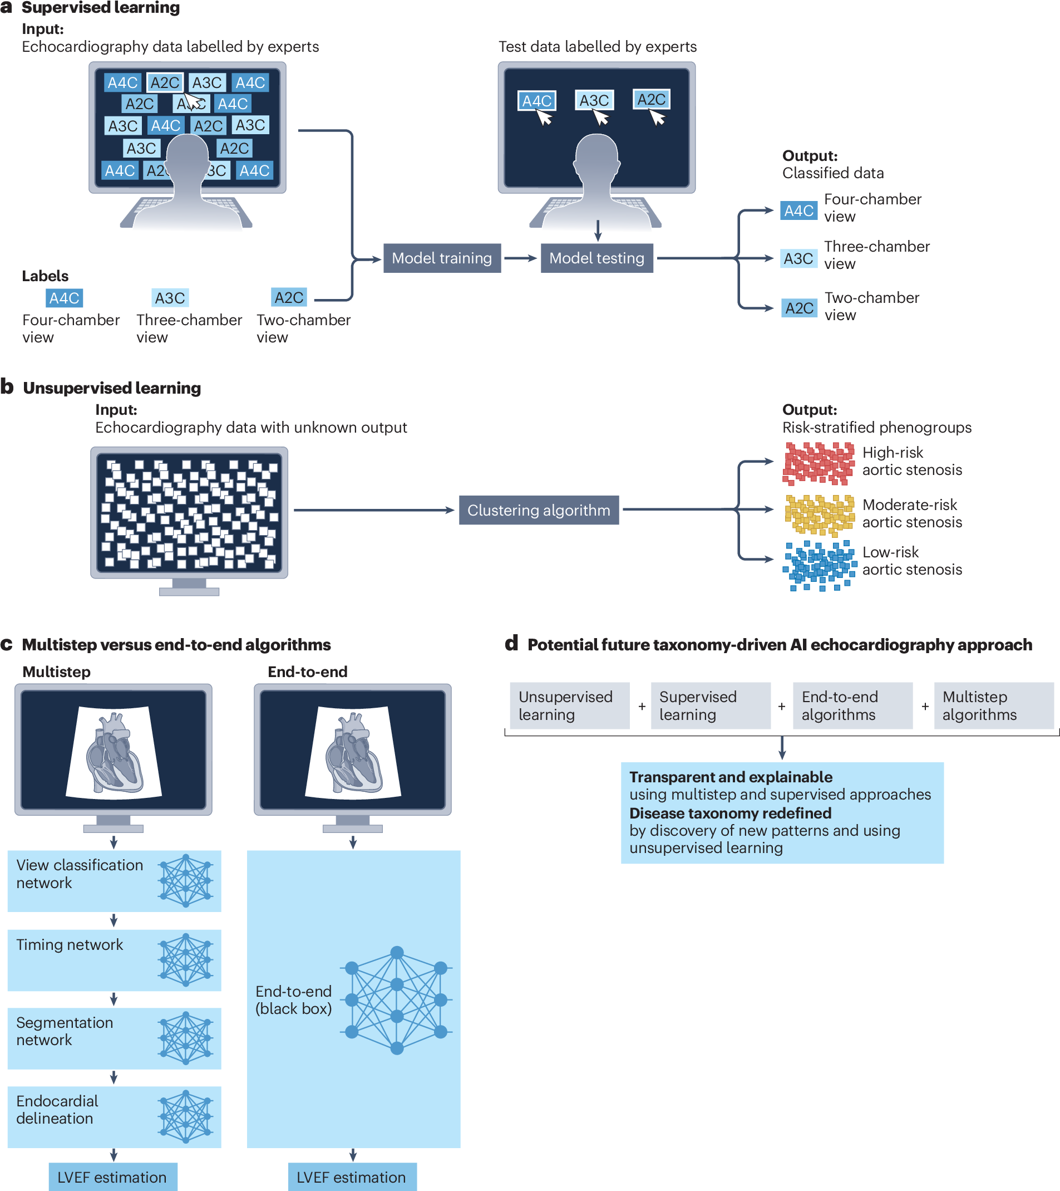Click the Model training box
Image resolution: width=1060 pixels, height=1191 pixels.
(441, 258)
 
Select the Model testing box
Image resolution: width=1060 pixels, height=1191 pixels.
(596, 258)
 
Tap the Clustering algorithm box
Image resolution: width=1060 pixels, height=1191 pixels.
(538, 511)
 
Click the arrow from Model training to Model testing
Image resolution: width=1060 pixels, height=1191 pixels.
(520, 258)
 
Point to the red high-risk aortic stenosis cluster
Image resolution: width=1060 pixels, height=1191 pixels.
(818, 463)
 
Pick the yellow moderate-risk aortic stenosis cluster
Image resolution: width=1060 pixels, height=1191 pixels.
(819, 514)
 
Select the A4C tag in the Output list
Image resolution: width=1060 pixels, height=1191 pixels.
(798, 210)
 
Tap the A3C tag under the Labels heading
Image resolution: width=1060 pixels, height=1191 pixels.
(170, 298)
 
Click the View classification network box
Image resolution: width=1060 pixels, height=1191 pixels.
(114, 880)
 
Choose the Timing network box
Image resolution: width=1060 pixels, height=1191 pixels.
(114, 960)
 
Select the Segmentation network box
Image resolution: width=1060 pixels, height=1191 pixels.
(114, 1038)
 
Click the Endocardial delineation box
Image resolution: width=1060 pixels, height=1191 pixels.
(114, 1116)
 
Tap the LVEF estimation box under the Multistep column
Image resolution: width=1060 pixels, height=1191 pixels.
(112, 1177)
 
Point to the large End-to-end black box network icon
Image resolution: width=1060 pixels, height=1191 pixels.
(397, 1000)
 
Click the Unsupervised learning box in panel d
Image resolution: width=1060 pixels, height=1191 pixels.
(569, 705)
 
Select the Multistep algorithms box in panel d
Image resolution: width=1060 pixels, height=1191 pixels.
(993, 705)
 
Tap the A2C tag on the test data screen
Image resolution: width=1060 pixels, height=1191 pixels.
(650, 100)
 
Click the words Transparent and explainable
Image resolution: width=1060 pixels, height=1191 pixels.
(731, 777)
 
